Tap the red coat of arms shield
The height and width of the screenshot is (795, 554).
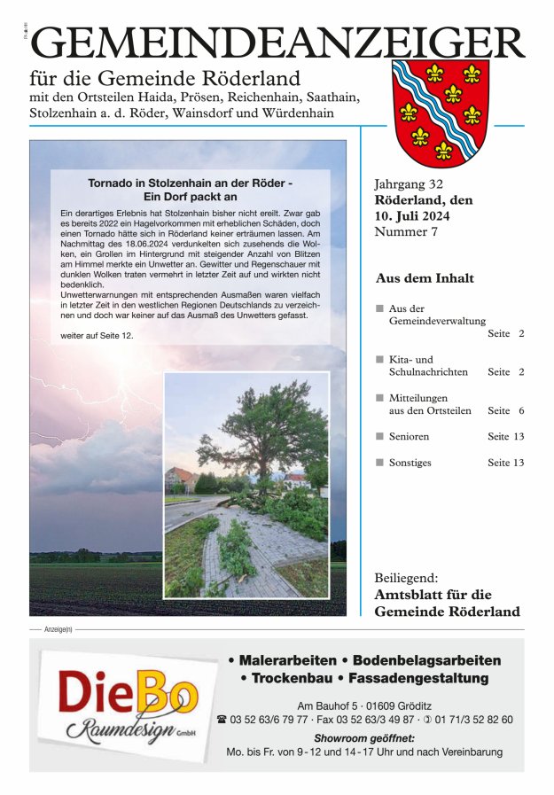[x=441, y=109]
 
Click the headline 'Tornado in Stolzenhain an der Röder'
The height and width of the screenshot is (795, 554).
[x=190, y=183]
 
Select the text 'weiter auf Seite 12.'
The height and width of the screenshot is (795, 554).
[x=97, y=337]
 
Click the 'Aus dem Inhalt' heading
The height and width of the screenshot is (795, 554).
[x=425, y=277]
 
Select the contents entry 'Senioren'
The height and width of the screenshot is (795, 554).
[x=409, y=436]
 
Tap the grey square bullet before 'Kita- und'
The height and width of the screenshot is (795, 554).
[x=378, y=359]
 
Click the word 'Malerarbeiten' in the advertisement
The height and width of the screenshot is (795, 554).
[x=287, y=660]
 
